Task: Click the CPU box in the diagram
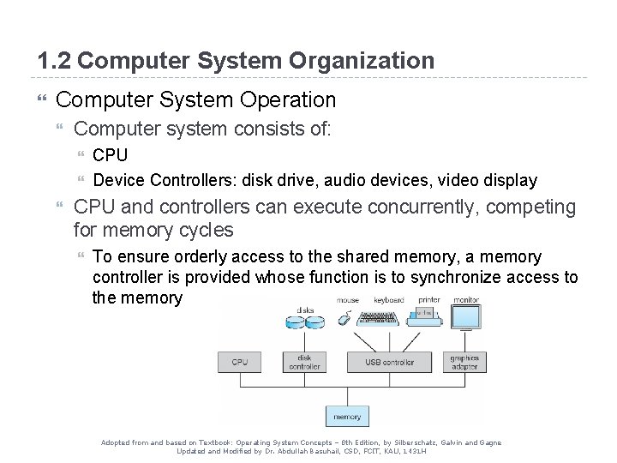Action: [x=240, y=362]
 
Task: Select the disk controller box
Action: [x=304, y=362]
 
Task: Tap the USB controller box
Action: [x=389, y=362]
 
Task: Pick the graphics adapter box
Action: [x=464, y=362]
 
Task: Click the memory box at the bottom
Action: [x=347, y=416]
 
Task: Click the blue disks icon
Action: [x=304, y=322]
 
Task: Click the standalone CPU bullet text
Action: [x=111, y=155]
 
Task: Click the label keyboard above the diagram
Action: [x=388, y=300]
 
